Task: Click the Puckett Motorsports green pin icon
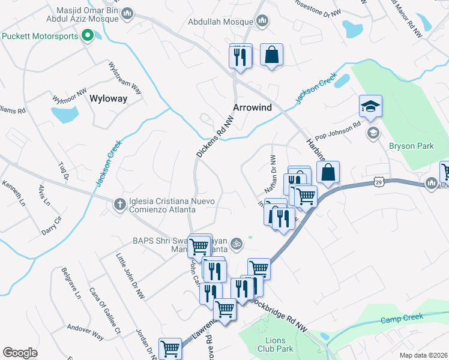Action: point(87,36)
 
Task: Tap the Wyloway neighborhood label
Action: point(108,99)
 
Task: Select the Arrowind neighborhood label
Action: point(253,108)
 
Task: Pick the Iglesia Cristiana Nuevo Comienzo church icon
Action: point(119,205)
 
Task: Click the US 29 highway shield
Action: point(377,181)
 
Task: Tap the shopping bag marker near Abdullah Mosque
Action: point(272,55)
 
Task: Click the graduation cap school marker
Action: point(370,107)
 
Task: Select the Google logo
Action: point(20,352)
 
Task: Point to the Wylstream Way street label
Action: point(124,78)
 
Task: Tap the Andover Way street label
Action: point(85,333)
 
